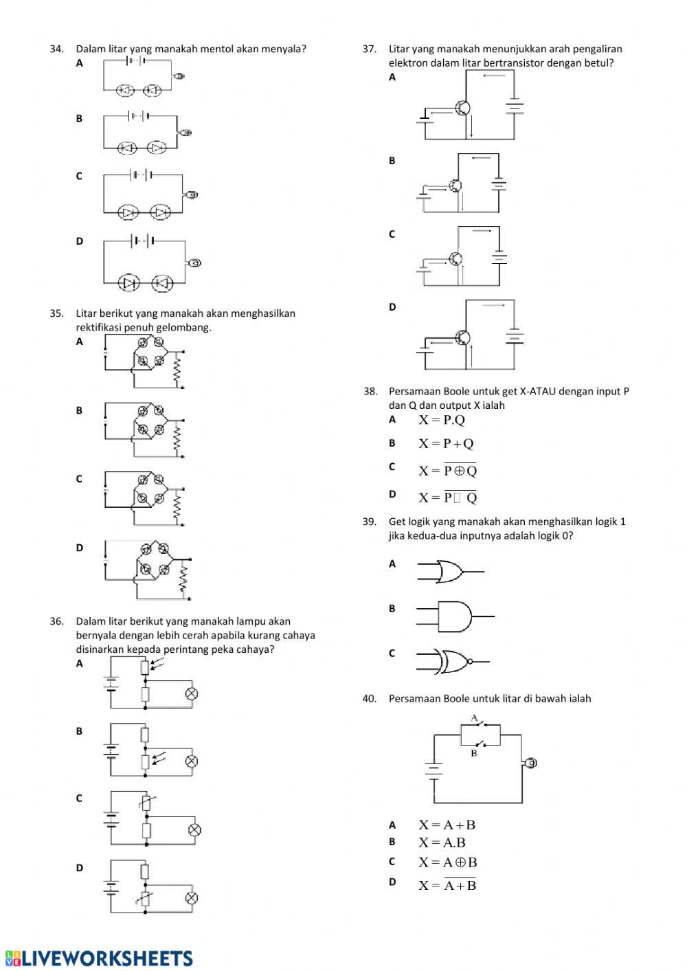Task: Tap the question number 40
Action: click(370, 699)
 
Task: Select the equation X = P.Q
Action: click(442, 420)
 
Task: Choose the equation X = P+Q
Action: click(446, 444)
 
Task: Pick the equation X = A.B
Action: click(442, 842)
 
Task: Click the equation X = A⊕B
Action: click(447, 862)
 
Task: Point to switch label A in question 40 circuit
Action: click(474, 718)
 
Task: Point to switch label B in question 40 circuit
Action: click(474, 753)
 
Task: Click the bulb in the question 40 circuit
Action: click(530, 763)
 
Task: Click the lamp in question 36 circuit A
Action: click(192, 694)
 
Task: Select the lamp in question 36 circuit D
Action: click(192, 898)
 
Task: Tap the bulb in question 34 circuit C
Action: click(192, 195)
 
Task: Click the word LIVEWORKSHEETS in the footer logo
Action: click(109, 959)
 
